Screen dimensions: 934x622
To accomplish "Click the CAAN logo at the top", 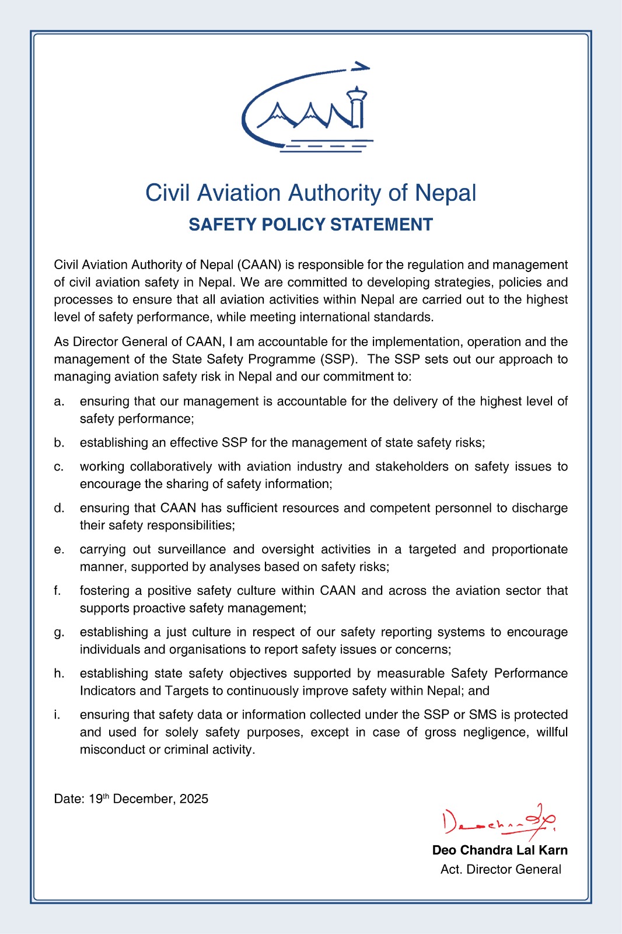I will [x=307, y=109].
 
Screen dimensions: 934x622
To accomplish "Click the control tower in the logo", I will [x=357, y=108].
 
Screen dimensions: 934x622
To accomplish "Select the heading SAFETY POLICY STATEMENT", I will [x=310, y=225].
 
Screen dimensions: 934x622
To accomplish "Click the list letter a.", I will [x=58, y=402].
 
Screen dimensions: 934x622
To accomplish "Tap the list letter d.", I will [x=58, y=508].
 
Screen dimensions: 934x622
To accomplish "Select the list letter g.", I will [x=58, y=633].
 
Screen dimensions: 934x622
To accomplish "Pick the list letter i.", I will [x=57, y=715].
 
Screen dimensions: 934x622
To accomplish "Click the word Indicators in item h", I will [x=108, y=691].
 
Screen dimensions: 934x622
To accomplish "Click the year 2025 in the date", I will [x=194, y=799].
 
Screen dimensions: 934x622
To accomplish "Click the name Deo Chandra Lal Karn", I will [x=499, y=851].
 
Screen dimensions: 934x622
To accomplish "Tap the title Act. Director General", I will [x=501, y=870].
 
